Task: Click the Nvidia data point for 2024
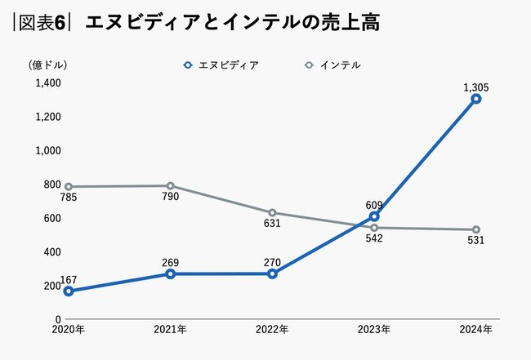coord(475,99)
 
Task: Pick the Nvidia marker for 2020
coord(69,291)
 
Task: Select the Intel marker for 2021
coord(170,186)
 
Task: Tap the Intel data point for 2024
coord(475,229)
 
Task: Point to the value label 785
coord(69,197)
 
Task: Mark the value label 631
coord(273,223)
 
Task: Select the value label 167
coord(69,279)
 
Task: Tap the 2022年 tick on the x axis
coord(272,329)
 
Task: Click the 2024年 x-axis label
coord(475,329)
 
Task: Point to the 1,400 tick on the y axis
coord(48,82)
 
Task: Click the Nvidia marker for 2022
coord(272,273)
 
